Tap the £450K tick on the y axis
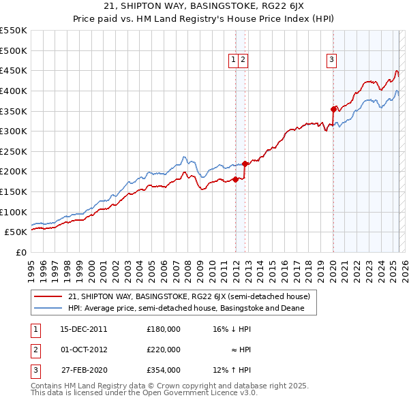tap(13, 70)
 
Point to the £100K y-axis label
tap(13, 212)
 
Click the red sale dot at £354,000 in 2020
tap(333, 109)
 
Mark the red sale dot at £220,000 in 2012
tap(245, 164)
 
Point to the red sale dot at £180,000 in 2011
tap(235, 180)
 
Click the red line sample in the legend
tap(48, 297)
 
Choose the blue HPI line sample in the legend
tap(48, 309)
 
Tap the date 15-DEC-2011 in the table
tap(84, 329)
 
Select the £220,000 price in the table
tap(163, 350)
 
